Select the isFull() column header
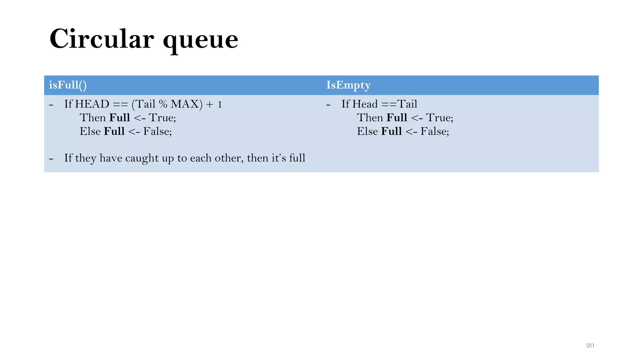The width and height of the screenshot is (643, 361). (68, 85)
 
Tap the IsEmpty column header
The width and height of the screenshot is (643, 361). (348, 85)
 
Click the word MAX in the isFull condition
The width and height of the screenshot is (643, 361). (185, 104)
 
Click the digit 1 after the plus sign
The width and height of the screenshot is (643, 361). (220, 104)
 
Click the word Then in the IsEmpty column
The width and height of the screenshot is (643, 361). (370, 118)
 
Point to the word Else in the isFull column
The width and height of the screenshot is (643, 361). (90, 131)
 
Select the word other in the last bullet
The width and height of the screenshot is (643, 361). (228, 158)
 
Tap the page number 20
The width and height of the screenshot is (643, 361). (590, 345)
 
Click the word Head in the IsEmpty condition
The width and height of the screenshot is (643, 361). (365, 104)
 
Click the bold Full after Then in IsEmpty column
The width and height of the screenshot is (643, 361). (397, 118)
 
